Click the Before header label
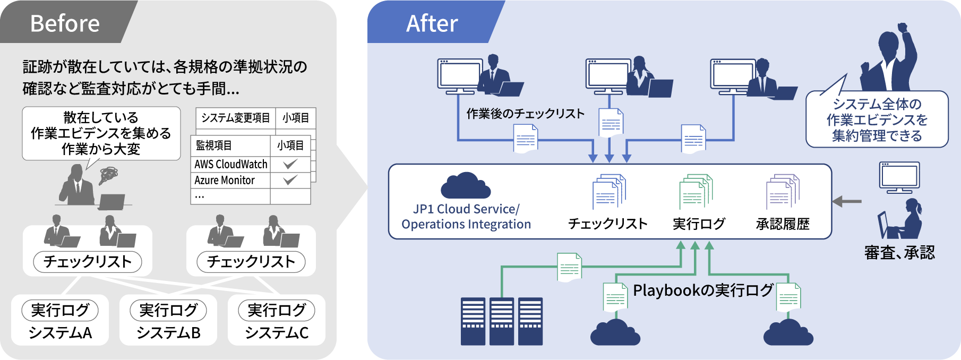[x=65, y=23]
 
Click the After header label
[x=432, y=23]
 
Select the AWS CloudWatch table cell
[x=231, y=164]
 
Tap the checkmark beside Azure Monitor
[x=290, y=180]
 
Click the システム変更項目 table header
[x=235, y=118]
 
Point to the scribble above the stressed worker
[x=108, y=175]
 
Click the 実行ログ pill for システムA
[x=60, y=310]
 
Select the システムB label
[x=168, y=333]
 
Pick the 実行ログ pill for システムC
[x=277, y=310]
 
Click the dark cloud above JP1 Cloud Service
[x=465, y=185]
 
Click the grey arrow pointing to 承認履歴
[x=847, y=202]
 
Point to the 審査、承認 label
[x=899, y=253]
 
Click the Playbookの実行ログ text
[x=702, y=290]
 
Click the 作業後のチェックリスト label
[x=525, y=114]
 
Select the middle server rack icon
[x=501, y=321]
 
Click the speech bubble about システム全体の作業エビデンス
[x=877, y=119]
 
